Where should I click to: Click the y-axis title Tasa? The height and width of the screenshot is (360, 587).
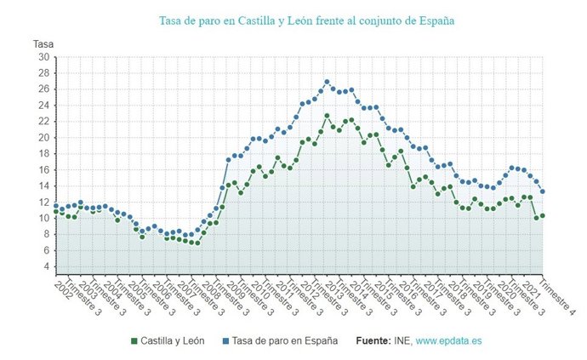[x=43, y=43]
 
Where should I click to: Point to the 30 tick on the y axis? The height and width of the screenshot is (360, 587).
[x=43, y=57]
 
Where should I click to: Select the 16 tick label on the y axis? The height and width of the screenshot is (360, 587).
[x=43, y=169]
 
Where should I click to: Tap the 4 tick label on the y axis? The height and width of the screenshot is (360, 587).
[x=46, y=266]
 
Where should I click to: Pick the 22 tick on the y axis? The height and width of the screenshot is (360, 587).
[x=43, y=122]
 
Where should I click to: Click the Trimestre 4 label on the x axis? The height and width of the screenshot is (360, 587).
[x=557, y=297]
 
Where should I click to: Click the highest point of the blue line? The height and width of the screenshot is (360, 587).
[x=327, y=82]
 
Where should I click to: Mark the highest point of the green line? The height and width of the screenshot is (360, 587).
[x=327, y=116]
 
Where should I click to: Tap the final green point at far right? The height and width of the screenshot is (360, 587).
[x=543, y=215]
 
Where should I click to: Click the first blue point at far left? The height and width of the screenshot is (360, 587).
[x=56, y=206]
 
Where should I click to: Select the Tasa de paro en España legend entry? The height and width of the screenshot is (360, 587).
[x=280, y=340]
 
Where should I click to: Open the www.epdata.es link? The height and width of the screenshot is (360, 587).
[x=447, y=340]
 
